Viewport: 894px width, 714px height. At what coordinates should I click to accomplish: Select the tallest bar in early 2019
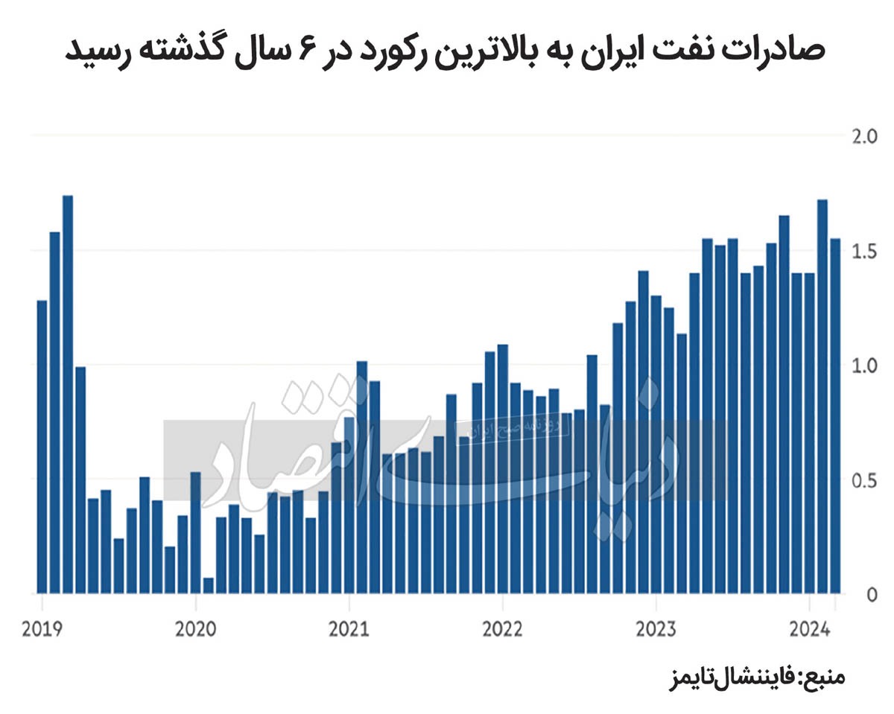tap(68, 395)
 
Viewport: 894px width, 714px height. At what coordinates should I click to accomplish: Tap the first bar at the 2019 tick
tap(42, 447)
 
